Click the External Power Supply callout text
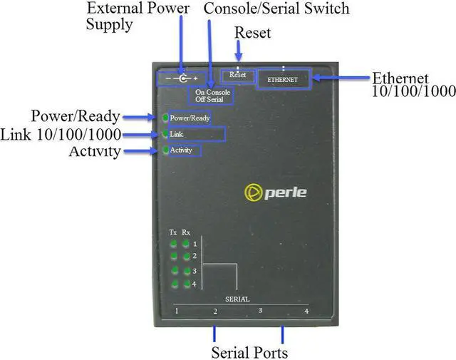[138, 16]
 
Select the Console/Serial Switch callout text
[276, 9]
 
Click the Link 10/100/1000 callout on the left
[61, 134]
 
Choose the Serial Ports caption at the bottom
[249, 352]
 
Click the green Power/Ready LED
[165, 117]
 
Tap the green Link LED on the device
[165, 134]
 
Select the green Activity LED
[165, 150]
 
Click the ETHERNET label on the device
[282, 79]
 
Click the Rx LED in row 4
[186, 284]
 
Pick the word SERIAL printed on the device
[237, 299]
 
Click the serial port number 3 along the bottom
[260, 311]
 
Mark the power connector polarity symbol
[183, 77]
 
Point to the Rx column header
[186, 232]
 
